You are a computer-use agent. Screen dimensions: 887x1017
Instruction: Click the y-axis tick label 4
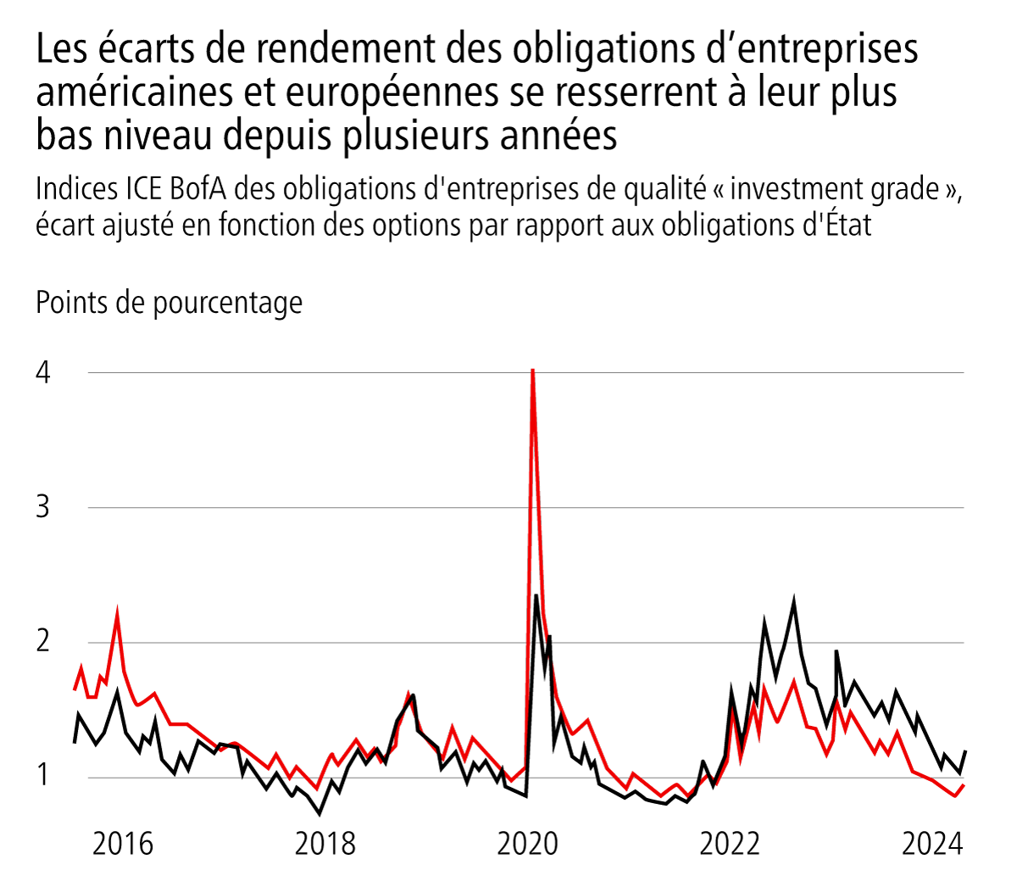[x=43, y=373]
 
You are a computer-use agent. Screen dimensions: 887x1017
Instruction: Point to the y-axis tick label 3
[x=43, y=507]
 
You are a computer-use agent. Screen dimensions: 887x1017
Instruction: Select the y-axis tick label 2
[x=43, y=642]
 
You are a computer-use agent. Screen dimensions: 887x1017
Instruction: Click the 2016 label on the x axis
[x=123, y=844]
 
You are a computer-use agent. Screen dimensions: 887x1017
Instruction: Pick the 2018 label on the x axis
[x=325, y=844]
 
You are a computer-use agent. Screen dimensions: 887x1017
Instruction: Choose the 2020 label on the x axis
[x=528, y=844]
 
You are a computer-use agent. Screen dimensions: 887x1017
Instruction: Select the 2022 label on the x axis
[x=730, y=844]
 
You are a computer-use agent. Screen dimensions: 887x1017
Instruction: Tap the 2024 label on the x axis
[x=932, y=844]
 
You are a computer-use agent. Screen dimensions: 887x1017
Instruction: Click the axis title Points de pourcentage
[x=169, y=302]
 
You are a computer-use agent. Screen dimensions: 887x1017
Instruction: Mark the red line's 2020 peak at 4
[x=532, y=371]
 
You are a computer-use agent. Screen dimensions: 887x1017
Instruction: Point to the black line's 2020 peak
[x=536, y=596]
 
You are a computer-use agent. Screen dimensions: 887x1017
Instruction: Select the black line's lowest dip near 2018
[x=320, y=813]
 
